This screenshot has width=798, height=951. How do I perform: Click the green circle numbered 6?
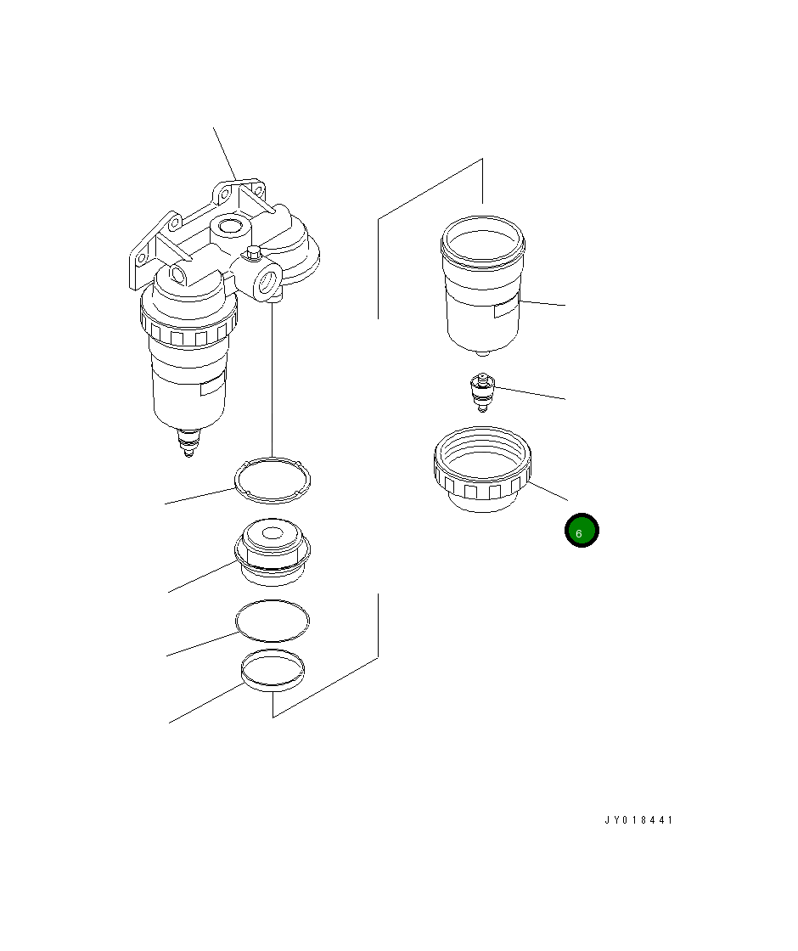click(x=582, y=531)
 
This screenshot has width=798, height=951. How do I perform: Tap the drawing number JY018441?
click(x=638, y=820)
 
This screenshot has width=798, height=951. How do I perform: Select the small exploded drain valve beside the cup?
click(x=483, y=392)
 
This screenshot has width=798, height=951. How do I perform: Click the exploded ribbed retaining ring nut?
click(x=483, y=469)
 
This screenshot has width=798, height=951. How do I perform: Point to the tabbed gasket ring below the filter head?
click(x=273, y=481)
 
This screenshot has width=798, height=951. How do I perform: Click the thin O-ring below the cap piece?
click(x=273, y=621)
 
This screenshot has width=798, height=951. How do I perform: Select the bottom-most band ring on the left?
click(x=273, y=671)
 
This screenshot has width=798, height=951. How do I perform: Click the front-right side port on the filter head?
click(x=267, y=281)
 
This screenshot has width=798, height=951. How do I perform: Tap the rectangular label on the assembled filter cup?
click(x=211, y=385)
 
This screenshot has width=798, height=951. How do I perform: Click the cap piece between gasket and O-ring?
click(x=273, y=552)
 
